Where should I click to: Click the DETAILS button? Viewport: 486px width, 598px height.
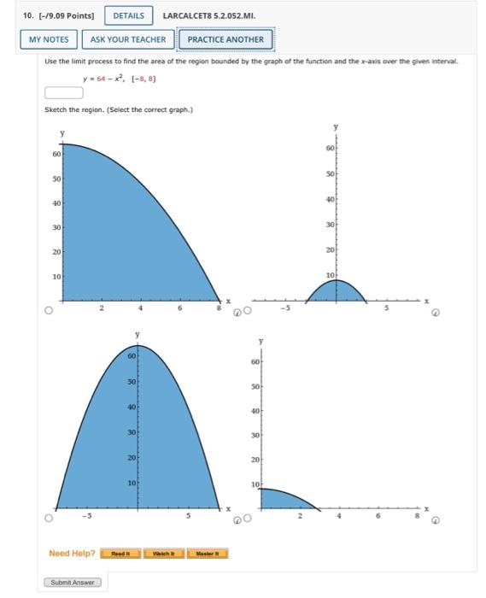[x=128, y=15]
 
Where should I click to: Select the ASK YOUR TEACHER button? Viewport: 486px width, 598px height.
[x=128, y=39]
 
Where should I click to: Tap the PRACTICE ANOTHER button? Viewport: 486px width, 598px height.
[x=225, y=39]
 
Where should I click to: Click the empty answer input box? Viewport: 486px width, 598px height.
[x=64, y=93]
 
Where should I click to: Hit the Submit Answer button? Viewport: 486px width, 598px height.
[x=72, y=583]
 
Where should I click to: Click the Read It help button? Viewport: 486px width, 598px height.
[x=120, y=554]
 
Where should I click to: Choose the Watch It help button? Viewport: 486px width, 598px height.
[x=163, y=554]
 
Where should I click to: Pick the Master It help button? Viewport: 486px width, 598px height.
[x=206, y=554]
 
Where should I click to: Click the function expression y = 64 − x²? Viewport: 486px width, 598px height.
[x=103, y=78]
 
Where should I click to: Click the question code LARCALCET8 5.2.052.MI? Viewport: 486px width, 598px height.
[x=208, y=15]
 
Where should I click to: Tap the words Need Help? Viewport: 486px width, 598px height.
[x=72, y=554]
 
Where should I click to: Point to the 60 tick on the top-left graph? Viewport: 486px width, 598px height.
[x=56, y=155]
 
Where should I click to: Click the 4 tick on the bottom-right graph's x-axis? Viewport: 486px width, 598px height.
[x=338, y=516]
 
